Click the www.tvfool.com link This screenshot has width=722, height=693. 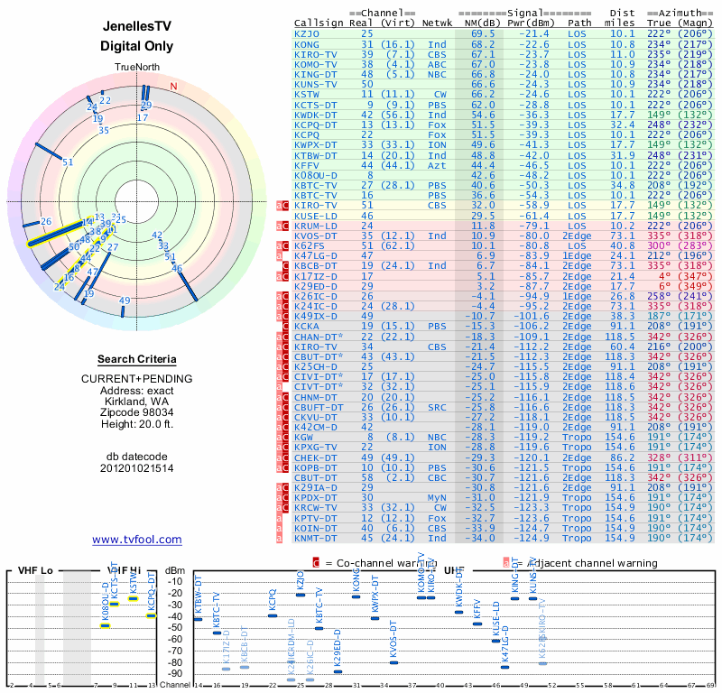coord(137,540)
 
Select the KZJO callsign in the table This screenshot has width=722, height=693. coord(306,33)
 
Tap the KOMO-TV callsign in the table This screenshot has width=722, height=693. coord(315,64)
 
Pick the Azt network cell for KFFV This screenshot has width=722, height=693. coord(437,165)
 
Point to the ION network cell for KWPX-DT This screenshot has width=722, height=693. coord(437,144)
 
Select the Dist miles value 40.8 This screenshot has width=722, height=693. coord(622,245)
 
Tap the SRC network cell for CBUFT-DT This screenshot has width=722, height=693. coord(437,407)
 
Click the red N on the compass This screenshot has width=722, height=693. coord(173,87)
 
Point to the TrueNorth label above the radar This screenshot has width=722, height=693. coord(136,69)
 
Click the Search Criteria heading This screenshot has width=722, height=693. coord(136,359)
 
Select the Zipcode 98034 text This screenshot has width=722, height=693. coord(136,409)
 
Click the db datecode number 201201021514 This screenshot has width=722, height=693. coord(136,468)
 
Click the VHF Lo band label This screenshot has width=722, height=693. coord(37,570)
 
